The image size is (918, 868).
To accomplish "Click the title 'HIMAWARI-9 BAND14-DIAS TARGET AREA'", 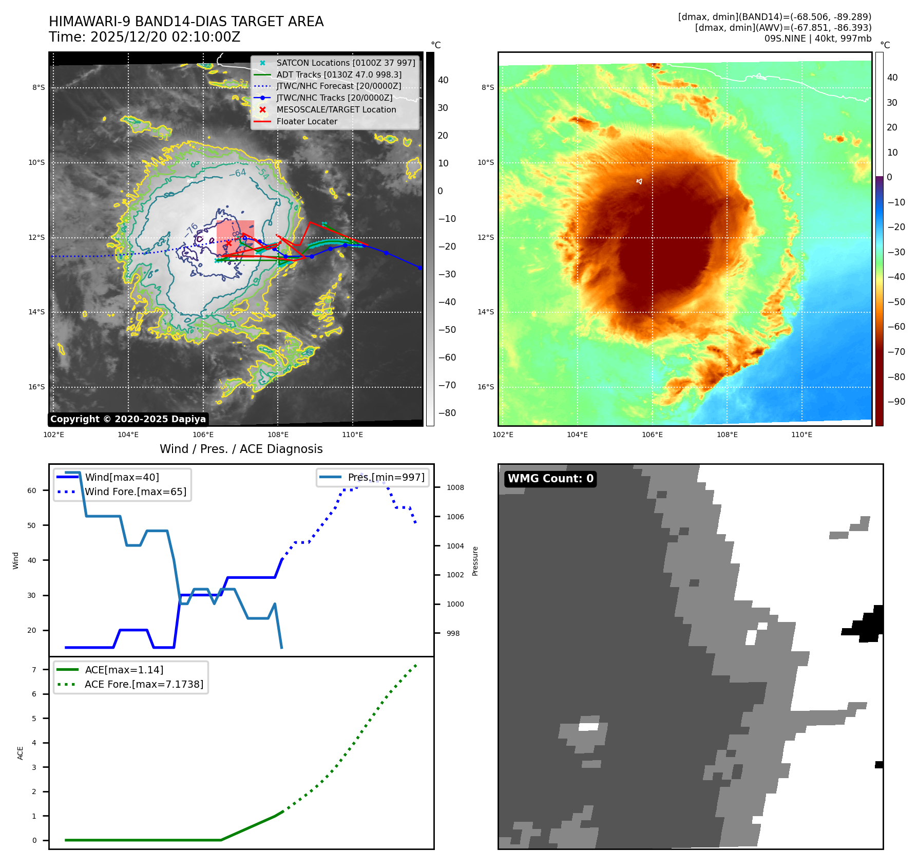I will click(186, 22).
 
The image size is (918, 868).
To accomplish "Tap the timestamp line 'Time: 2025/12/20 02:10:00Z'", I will click(144, 37).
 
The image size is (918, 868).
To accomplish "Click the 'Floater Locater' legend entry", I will click(307, 121).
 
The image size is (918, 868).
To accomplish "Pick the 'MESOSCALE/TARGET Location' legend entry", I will click(336, 109).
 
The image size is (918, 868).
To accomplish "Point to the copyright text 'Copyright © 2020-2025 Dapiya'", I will click(128, 419).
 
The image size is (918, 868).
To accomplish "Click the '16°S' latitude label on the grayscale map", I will click(36, 387).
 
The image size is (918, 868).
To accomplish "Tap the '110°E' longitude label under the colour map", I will click(801, 435).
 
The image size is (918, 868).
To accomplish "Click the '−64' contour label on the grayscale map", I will click(238, 173).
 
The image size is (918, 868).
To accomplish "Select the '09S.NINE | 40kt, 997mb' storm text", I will click(817, 39).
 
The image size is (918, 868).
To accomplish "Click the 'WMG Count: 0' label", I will click(550, 479).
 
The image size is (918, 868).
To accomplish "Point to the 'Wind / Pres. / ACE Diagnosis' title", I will click(241, 449).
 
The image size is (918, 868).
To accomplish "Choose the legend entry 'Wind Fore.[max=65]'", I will click(136, 492).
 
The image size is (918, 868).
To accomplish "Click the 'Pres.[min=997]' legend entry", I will click(386, 477).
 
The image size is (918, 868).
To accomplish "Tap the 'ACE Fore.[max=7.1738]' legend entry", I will click(144, 684).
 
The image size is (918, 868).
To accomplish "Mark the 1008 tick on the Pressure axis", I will click(455, 487).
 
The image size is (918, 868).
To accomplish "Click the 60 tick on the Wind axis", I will click(32, 490).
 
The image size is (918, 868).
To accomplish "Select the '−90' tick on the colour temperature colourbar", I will click(896, 402).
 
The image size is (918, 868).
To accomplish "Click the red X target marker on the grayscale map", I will click(228, 243).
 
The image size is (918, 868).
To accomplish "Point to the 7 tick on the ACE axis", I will click(34, 670).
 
